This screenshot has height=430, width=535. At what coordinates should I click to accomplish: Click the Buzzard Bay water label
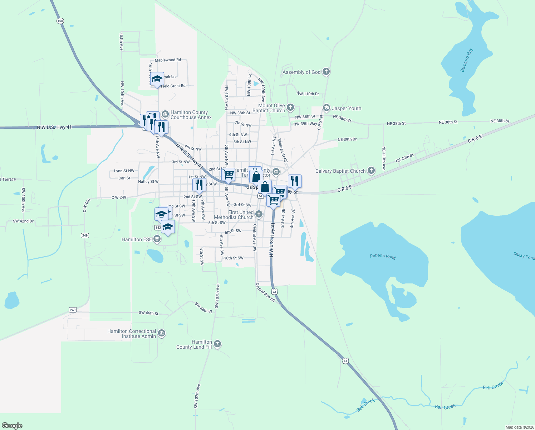[467, 60]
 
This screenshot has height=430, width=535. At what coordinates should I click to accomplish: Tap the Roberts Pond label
[383, 256]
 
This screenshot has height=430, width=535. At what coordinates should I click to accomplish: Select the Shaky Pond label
[524, 255]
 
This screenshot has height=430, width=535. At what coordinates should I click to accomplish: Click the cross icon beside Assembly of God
[326, 72]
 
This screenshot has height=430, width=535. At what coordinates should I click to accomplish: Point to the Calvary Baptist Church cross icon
[371, 171]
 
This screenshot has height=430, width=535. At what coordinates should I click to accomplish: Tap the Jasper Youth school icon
[326, 108]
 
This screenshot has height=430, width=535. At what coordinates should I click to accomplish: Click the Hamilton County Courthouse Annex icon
[165, 114]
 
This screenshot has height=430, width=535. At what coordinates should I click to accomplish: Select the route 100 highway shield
[60, 21]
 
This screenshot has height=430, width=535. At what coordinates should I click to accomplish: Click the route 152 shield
[158, 228]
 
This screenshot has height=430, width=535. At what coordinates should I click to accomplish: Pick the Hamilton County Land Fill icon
[217, 344]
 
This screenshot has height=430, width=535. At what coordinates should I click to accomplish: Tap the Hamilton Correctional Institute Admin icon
[162, 334]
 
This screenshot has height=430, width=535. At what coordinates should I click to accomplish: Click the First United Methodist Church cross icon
[259, 214]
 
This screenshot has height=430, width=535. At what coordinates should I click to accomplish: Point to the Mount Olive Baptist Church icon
[290, 107]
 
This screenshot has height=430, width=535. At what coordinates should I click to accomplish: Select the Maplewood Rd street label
[168, 60]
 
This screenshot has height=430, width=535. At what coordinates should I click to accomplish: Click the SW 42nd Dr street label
[23, 221]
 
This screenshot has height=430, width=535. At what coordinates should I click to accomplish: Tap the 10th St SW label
[234, 258]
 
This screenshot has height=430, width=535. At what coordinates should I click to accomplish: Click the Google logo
[12, 426]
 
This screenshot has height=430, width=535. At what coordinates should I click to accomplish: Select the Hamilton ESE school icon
[157, 239]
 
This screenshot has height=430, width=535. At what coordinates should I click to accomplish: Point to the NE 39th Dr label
[347, 139]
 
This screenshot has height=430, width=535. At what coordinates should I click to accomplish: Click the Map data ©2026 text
[519, 427]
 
